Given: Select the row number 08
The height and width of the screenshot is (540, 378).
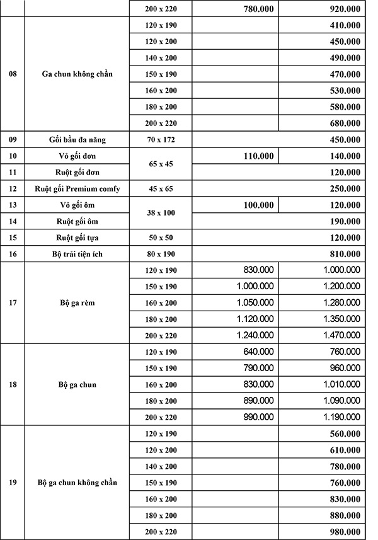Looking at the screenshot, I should point(13,74).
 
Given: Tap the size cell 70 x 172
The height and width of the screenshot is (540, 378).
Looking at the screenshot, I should point(161,139).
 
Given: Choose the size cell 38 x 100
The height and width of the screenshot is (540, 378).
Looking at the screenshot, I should point(161,213).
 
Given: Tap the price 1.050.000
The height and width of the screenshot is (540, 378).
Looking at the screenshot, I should point(255,302).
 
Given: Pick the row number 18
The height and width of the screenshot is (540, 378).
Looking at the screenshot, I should point(13,384).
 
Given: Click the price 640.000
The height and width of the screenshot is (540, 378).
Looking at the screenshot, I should point(258,352).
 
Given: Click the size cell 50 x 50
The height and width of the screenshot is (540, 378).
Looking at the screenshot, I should point(161,238).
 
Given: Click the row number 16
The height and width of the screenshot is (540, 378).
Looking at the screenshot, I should point(13,254).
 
